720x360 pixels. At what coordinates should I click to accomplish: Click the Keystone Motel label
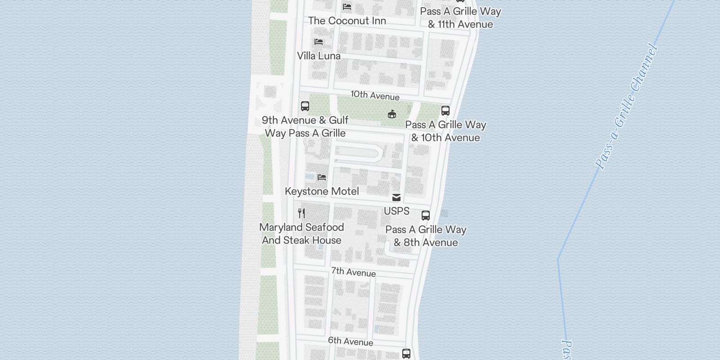point(322,191)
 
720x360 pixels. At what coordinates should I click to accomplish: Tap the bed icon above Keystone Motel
point(321,177)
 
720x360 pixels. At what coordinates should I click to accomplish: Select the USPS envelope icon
point(396,198)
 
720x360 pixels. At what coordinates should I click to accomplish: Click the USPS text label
point(396,211)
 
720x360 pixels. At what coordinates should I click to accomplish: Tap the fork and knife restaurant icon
point(301,213)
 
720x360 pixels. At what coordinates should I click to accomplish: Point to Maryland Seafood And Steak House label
point(301,234)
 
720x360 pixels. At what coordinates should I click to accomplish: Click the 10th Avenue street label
point(375,95)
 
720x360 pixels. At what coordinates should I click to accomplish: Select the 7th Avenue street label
point(353,272)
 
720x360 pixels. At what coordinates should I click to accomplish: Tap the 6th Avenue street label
point(350,341)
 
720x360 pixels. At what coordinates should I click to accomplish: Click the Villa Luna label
point(319,56)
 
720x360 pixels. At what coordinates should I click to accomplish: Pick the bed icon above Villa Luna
point(319,42)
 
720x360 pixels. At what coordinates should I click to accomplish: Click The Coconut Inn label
point(347,21)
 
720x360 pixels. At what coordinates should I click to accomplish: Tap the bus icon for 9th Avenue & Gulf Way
point(305,106)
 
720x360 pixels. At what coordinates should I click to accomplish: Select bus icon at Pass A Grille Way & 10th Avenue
point(445,111)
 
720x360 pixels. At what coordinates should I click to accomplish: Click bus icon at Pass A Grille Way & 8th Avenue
point(426,216)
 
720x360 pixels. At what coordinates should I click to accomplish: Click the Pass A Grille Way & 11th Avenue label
point(460,18)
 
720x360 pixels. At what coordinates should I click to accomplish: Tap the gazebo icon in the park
point(392,114)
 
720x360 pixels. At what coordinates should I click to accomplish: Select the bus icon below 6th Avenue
point(406,354)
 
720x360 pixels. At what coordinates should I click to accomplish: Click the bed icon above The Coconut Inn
point(347,7)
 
